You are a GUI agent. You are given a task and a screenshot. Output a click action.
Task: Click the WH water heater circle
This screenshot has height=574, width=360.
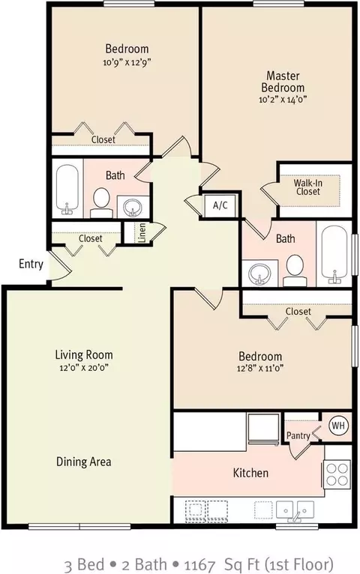(338, 426)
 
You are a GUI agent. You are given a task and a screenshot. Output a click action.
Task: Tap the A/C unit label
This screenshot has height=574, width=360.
(220, 205)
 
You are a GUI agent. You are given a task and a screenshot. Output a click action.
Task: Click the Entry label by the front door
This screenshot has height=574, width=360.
(31, 264)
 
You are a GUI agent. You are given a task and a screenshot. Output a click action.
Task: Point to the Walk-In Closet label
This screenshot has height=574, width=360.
(308, 187)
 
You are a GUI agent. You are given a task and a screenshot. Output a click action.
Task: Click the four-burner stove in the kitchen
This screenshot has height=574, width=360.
(337, 474)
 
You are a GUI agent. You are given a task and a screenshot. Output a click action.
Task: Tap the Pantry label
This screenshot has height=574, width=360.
(298, 435)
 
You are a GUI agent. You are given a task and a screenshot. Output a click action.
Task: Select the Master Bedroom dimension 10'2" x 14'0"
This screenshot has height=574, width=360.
(283, 99)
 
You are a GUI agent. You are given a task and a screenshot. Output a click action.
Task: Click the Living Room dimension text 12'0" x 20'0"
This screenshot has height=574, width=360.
(84, 367)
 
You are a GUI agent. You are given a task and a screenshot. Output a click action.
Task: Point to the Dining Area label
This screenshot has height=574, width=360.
(83, 462)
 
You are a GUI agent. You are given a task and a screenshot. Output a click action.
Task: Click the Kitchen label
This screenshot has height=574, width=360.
(250, 473)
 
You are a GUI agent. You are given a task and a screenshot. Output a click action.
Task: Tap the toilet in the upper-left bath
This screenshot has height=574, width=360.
(101, 203)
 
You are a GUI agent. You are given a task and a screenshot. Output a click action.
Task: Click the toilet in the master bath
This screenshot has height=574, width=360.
(295, 271)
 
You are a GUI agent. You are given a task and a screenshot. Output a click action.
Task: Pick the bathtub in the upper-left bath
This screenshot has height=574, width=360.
(67, 189)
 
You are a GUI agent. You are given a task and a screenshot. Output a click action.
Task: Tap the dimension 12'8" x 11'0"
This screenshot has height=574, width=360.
(260, 368)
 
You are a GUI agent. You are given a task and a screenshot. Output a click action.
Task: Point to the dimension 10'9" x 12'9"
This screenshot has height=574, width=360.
(127, 62)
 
